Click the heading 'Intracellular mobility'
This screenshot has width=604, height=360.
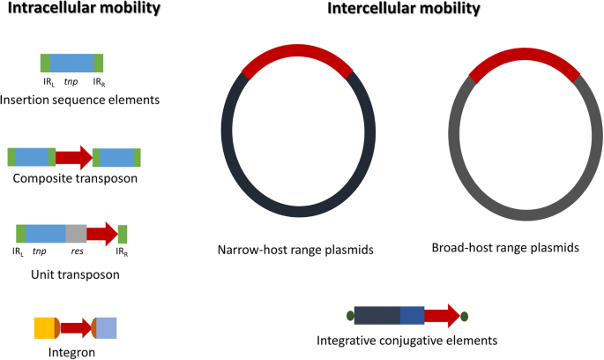point(84,8)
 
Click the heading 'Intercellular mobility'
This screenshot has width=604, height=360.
point(404,8)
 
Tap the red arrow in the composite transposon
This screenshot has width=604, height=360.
point(74,157)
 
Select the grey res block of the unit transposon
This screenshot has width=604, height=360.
point(76,234)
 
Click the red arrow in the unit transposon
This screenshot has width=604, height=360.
point(102,234)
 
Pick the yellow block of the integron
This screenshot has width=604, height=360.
point(46,328)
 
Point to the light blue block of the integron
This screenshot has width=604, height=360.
point(106,328)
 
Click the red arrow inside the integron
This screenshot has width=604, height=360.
point(76,328)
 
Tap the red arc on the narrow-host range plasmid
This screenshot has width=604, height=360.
point(297,50)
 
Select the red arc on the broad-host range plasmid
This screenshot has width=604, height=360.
point(525,54)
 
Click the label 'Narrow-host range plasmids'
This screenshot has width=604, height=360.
point(295,250)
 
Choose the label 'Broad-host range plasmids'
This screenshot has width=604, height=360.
point(505,247)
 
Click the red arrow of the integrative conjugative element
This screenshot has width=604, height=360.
point(443,316)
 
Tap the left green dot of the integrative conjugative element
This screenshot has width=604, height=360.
point(350,316)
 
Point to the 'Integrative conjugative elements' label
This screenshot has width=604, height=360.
point(407,341)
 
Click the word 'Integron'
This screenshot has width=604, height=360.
point(71,352)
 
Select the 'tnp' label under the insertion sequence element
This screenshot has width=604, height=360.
point(71,82)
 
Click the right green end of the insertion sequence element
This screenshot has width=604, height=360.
point(98,64)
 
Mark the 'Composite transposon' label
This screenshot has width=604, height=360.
point(75,178)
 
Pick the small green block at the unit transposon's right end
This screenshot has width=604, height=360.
point(123,234)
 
